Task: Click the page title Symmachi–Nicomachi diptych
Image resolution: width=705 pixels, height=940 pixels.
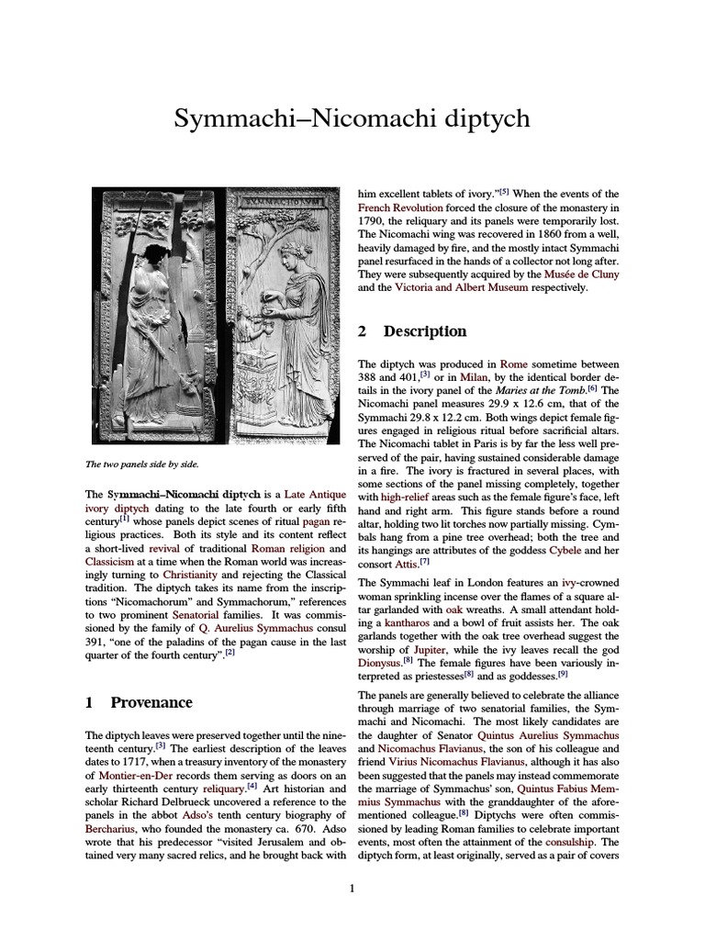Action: [x=352, y=120]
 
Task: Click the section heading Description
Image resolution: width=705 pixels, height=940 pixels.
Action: [x=424, y=331]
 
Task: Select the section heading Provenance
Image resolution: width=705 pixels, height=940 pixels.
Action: [x=151, y=702]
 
